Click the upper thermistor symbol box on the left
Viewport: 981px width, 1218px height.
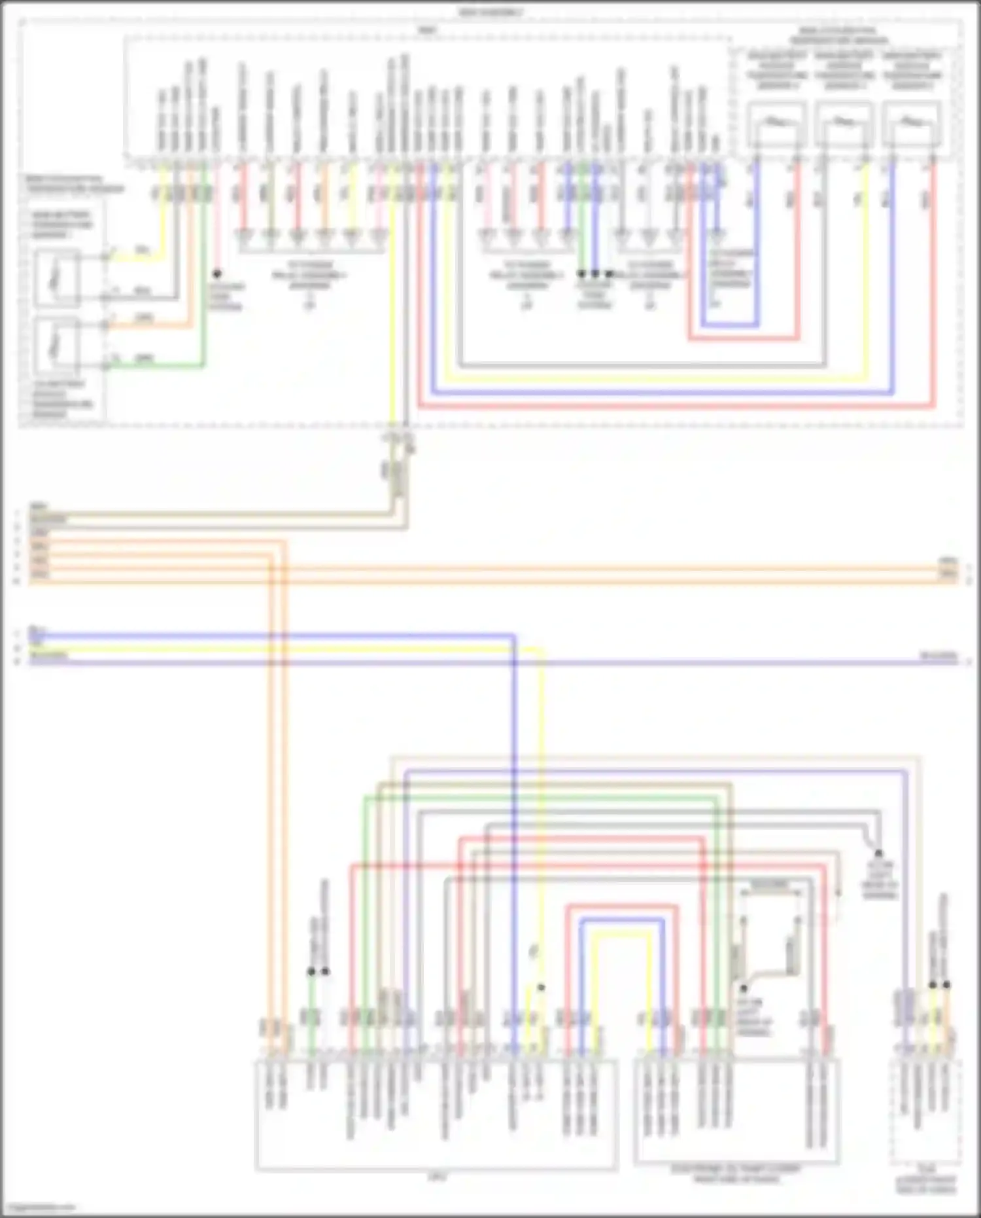coord(58,278)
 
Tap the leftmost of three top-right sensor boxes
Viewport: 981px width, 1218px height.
coord(776,124)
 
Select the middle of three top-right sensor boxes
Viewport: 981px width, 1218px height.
coord(844,124)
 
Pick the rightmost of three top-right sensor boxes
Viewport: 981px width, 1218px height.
coord(912,124)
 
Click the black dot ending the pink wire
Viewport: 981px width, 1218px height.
coord(217,274)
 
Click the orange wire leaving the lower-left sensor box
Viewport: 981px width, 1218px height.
coord(150,325)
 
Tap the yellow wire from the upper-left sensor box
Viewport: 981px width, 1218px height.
coord(137,257)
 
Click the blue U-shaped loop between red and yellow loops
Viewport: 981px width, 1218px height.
coord(621,920)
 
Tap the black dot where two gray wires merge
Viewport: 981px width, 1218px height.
coord(878,853)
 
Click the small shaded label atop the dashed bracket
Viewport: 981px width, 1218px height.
coord(770,885)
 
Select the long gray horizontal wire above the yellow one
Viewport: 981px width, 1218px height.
coord(641,365)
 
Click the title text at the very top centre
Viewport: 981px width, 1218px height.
coord(490,12)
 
